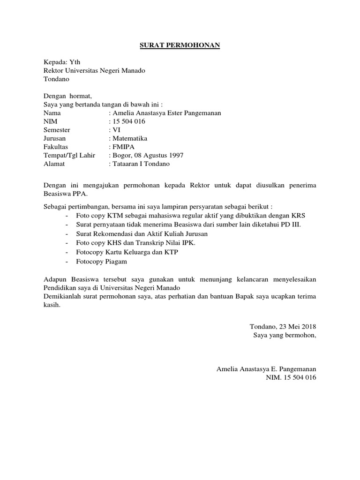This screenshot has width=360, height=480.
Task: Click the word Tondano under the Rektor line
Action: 56,79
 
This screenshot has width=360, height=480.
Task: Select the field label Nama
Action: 52,113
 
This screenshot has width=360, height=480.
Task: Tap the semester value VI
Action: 115,130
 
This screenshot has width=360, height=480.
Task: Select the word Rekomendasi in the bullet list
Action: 111,233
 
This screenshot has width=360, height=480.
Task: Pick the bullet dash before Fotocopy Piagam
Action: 68,261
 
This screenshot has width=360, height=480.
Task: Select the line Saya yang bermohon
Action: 285,335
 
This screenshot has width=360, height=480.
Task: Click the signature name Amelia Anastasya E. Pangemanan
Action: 266,369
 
